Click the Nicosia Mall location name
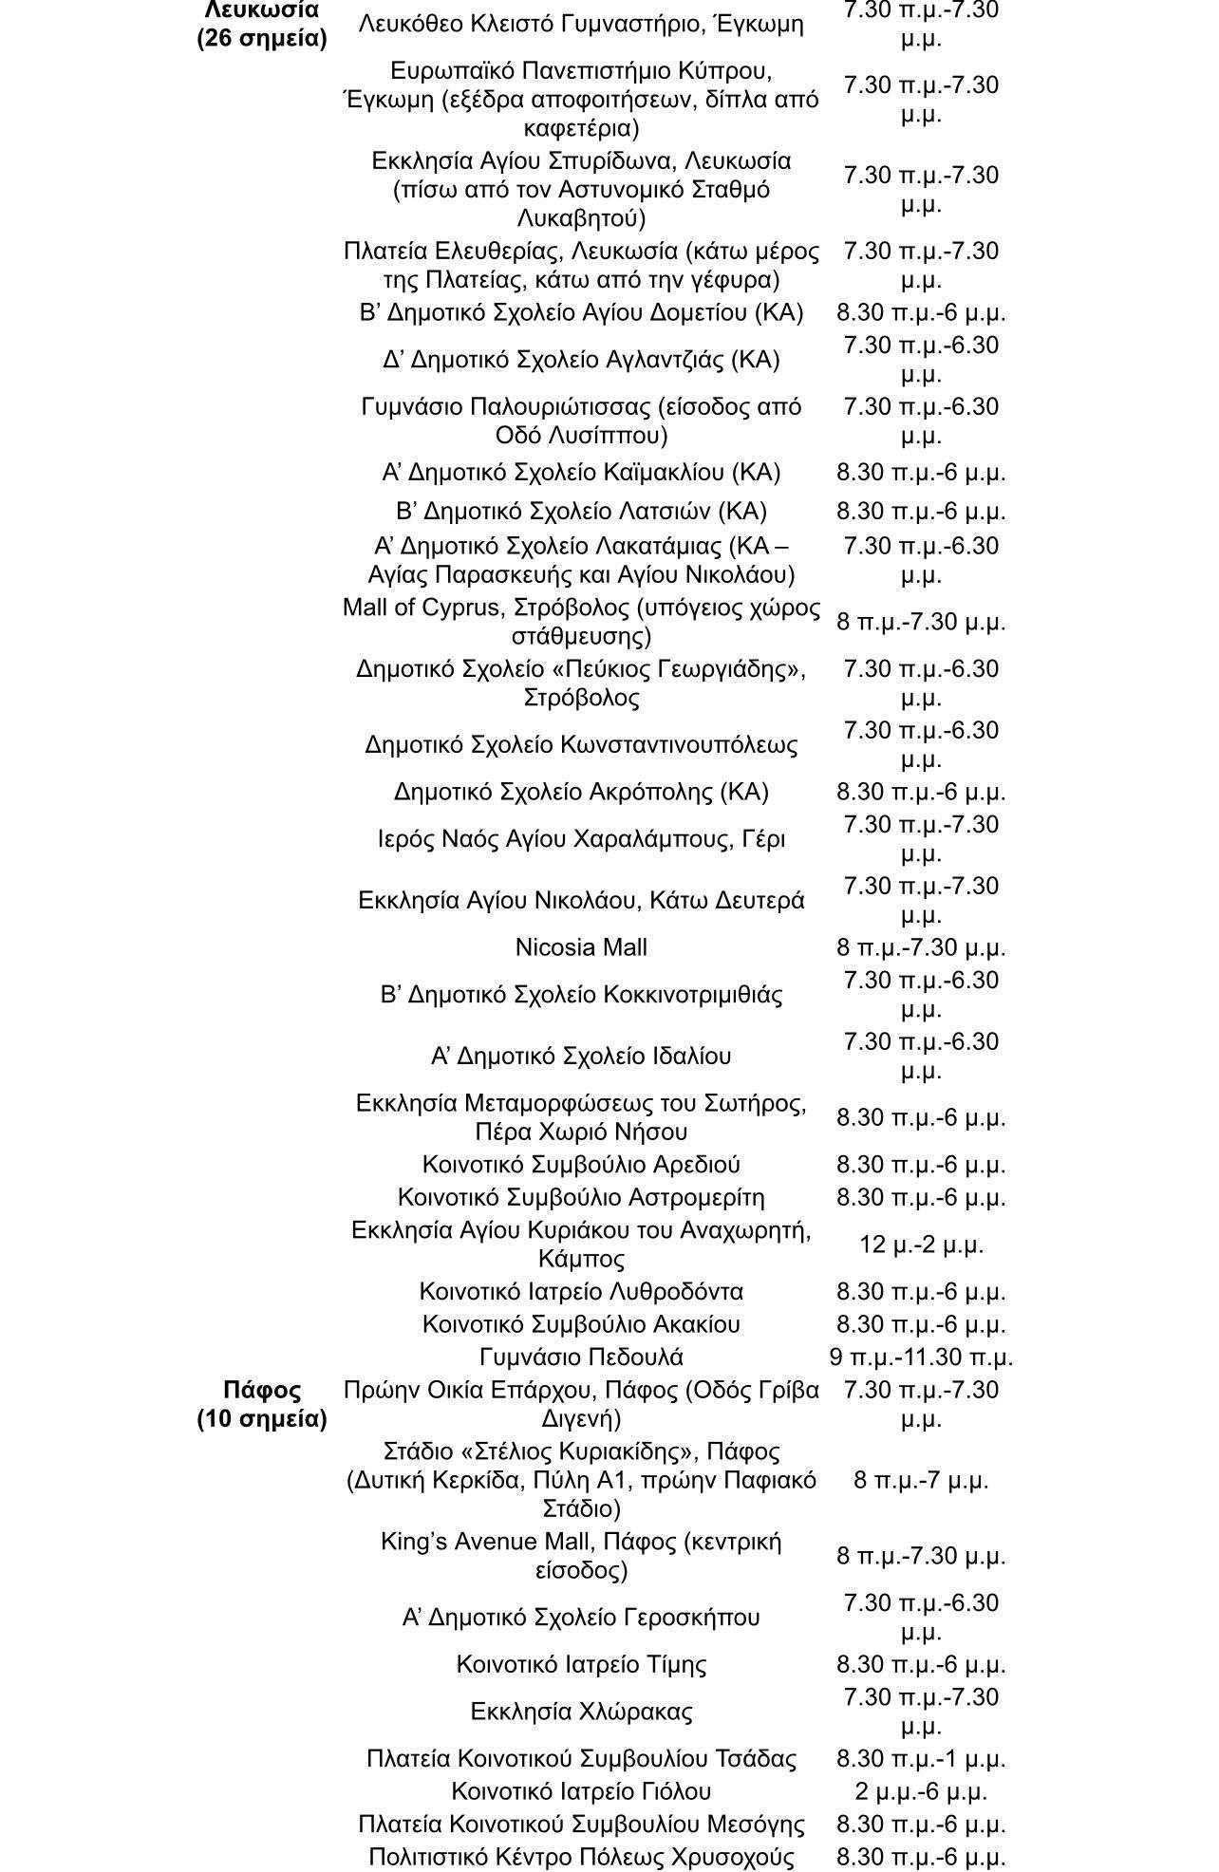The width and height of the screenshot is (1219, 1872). point(581,947)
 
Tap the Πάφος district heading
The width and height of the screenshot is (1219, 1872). point(262,1390)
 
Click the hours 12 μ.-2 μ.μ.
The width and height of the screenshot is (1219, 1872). point(921,1245)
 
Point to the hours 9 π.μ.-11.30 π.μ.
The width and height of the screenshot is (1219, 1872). point(921,1357)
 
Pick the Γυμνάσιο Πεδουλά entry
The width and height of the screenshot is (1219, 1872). point(581,1357)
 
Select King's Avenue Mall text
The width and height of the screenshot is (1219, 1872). point(472,1542)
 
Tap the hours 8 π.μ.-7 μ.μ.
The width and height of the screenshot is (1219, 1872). point(921,1480)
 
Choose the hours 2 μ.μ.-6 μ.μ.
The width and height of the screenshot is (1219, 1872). point(921,1791)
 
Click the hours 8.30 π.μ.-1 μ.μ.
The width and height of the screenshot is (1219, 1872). point(921,1759)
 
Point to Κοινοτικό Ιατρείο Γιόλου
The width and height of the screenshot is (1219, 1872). point(581,1791)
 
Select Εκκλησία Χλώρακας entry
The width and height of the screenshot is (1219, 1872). point(581,1712)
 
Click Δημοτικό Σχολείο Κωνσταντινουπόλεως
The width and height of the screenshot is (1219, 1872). point(581,744)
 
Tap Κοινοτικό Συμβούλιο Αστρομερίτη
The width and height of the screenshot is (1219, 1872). point(581,1197)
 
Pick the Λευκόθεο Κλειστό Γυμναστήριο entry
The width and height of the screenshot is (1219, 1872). point(581,24)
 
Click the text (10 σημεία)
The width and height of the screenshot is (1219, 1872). point(262,1419)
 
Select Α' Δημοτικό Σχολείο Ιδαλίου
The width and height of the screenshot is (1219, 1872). point(581,1056)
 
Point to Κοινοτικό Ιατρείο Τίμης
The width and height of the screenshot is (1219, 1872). point(581,1664)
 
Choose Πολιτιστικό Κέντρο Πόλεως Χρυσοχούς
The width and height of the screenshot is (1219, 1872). point(581,1857)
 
